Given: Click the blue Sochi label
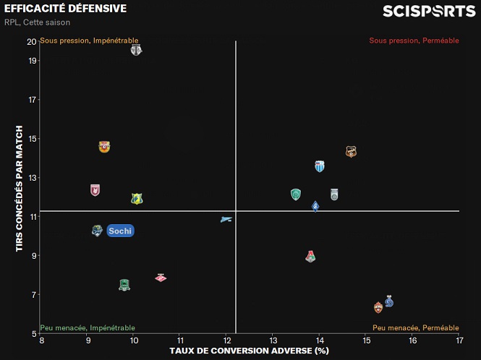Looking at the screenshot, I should (x=120, y=231).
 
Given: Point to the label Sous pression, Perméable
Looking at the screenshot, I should (x=414, y=40).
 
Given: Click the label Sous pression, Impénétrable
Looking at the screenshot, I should (x=89, y=40).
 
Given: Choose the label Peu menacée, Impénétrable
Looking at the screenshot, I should (x=88, y=328).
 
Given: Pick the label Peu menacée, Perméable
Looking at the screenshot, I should (x=416, y=328).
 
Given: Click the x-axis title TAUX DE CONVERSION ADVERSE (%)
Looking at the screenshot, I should (x=249, y=351).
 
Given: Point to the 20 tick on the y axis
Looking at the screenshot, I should (x=32, y=41).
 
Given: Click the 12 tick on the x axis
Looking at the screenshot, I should (x=226, y=340).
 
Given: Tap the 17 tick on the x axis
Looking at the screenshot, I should (x=459, y=340).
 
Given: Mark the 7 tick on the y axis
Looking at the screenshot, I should (x=33, y=295).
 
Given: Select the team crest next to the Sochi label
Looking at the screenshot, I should (x=97, y=231).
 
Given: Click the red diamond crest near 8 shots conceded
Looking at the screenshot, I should (x=161, y=278).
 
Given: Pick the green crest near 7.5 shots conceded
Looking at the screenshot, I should (x=124, y=285).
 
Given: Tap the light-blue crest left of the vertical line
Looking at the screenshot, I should (x=226, y=218).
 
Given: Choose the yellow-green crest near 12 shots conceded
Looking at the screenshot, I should (x=137, y=199).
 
